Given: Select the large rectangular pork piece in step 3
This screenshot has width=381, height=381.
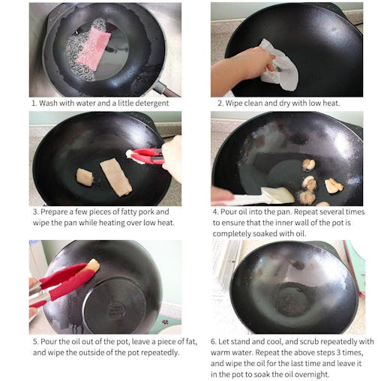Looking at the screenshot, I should coord(115,176).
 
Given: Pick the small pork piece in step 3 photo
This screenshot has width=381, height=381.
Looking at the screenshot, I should coord(85,177).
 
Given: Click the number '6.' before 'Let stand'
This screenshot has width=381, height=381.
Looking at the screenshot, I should coord(214,341).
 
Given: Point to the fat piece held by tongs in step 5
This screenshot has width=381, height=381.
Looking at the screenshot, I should coord(93,265).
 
